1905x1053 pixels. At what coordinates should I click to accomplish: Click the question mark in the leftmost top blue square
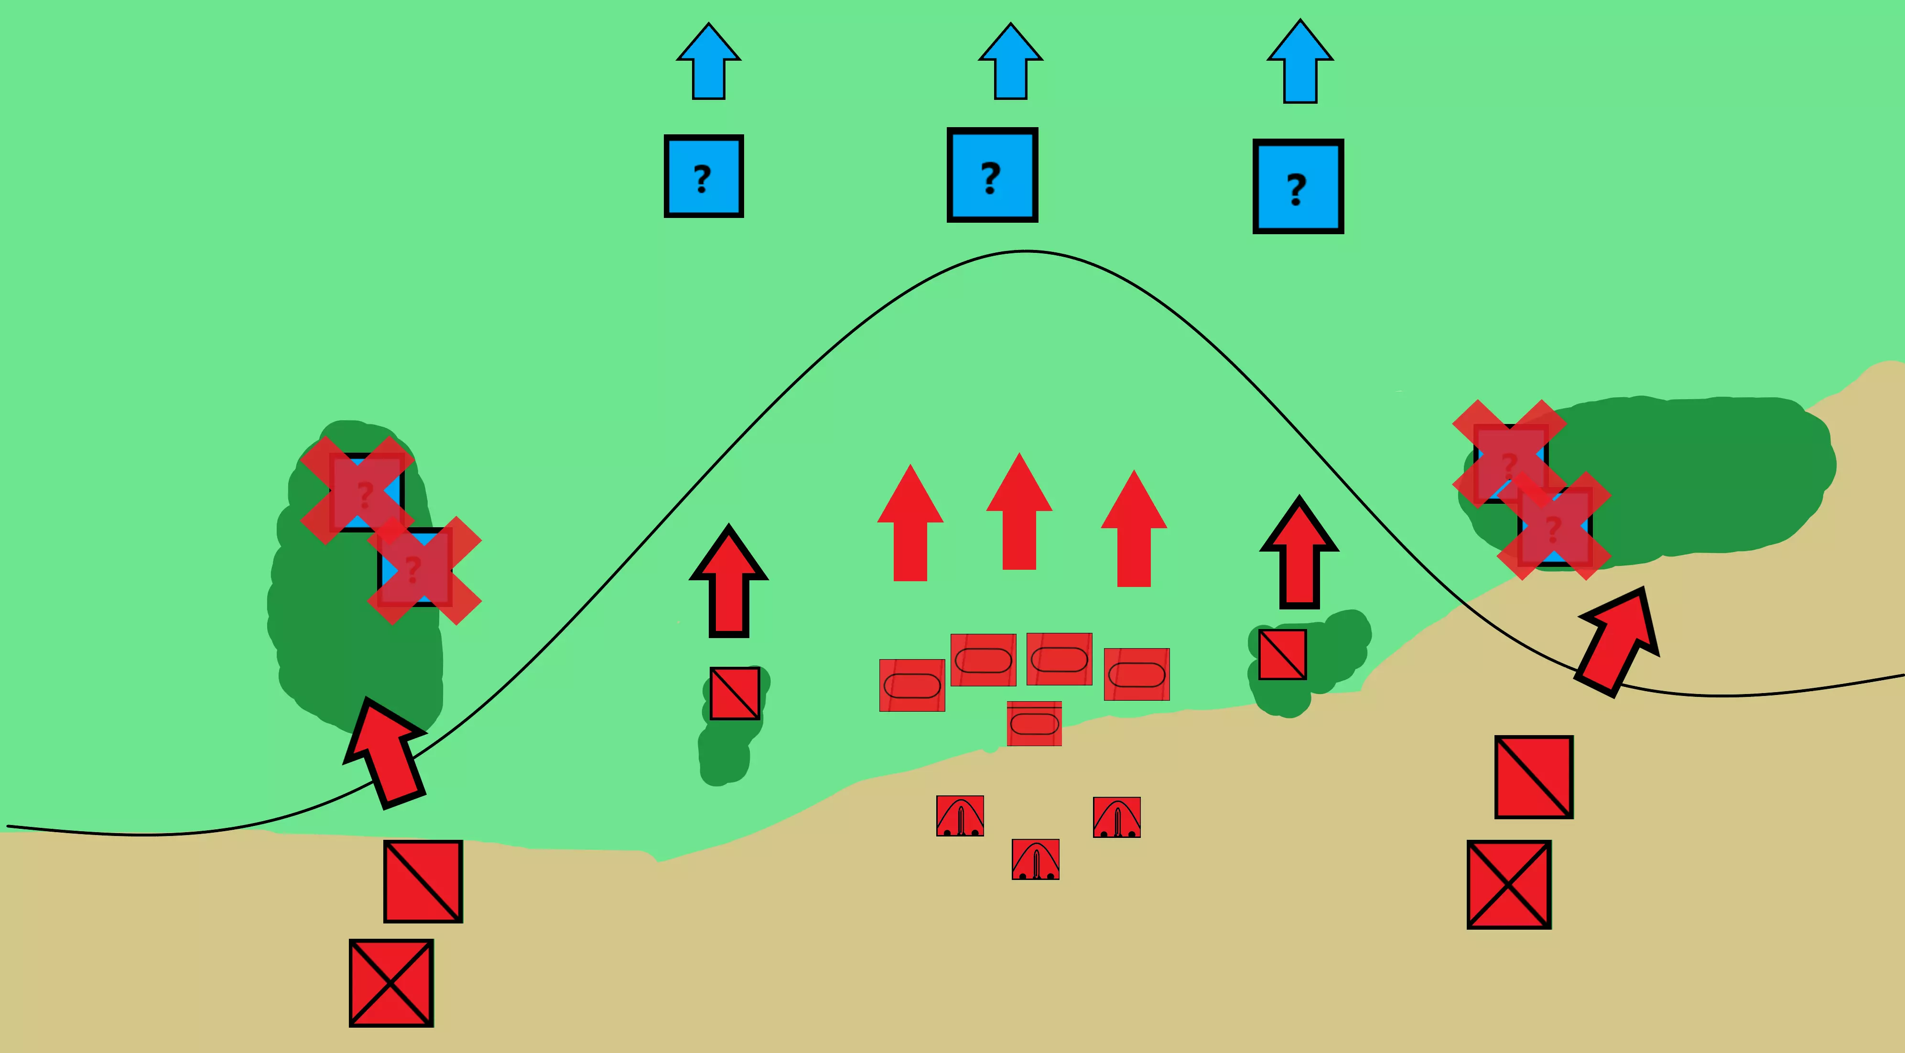(703, 179)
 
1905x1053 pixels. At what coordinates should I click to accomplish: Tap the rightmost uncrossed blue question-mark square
(1298, 186)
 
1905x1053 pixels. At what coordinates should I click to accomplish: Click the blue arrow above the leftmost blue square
(708, 61)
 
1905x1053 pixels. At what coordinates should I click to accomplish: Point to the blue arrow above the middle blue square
(1010, 61)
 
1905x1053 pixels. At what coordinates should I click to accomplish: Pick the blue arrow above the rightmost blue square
(1300, 61)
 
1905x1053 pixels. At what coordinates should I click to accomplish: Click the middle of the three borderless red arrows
(1019, 511)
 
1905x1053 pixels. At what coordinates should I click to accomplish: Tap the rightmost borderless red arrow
(1134, 528)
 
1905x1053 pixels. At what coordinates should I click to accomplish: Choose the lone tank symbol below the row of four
(1034, 723)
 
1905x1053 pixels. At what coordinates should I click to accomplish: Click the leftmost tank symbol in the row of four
(912, 685)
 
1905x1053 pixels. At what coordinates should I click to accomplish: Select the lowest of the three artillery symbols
(1035, 859)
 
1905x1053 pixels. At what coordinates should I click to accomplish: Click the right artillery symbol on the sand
(1117, 817)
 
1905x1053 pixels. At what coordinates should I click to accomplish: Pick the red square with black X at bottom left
(391, 983)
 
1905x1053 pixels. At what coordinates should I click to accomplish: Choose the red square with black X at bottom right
(1509, 884)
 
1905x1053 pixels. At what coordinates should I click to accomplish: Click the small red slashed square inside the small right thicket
(1282, 654)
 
